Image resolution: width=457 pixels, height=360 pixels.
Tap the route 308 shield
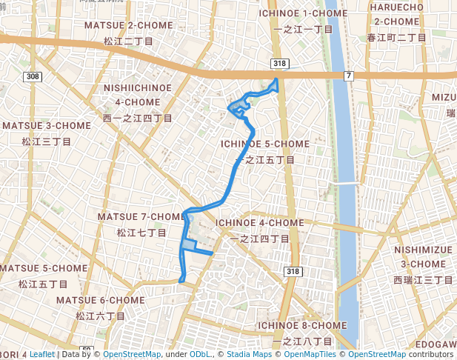coord(32,76)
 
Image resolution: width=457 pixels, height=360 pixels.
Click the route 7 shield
coord(348,76)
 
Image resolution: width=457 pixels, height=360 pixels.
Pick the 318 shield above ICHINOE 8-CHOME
coord(294,272)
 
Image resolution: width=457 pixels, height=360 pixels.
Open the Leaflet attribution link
coord(41,354)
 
